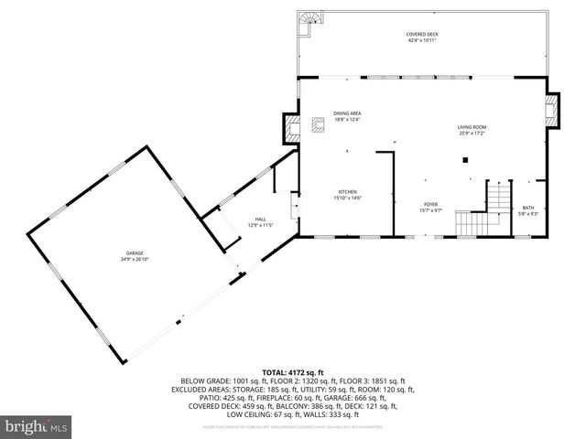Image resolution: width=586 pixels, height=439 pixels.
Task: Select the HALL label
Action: pyautogui.click(x=260, y=219)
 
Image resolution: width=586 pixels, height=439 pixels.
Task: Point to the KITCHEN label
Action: pyautogui.click(x=347, y=192)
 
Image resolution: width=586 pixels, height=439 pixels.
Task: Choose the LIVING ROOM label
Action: pyautogui.click(x=472, y=127)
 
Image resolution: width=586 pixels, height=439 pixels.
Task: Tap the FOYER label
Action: pyautogui.click(x=430, y=204)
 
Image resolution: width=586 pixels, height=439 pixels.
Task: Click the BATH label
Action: pyautogui.click(x=528, y=208)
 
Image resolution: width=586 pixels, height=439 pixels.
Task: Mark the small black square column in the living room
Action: pyautogui.click(x=465, y=160)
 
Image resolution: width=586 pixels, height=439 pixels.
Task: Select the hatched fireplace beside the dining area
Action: pyautogui.click(x=292, y=127)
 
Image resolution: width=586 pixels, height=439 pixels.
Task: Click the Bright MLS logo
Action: pyautogui.click(x=37, y=426)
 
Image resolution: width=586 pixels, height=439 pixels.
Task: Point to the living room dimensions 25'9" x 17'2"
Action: pyautogui.click(x=472, y=134)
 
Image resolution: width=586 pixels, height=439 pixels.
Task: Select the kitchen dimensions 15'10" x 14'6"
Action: pyautogui.click(x=347, y=198)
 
